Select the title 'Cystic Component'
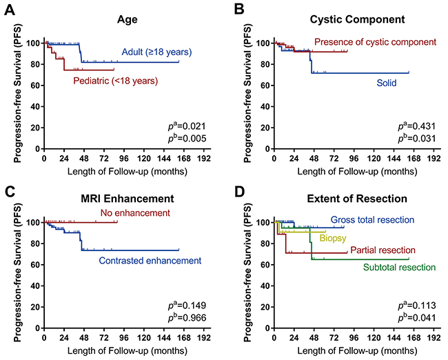(x=344, y=21)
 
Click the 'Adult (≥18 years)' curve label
(x=156, y=52)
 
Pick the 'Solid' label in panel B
(x=387, y=83)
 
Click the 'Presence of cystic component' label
(x=375, y=42)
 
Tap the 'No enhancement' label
(x=134, y=213)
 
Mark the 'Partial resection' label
(x=383, y=250)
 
